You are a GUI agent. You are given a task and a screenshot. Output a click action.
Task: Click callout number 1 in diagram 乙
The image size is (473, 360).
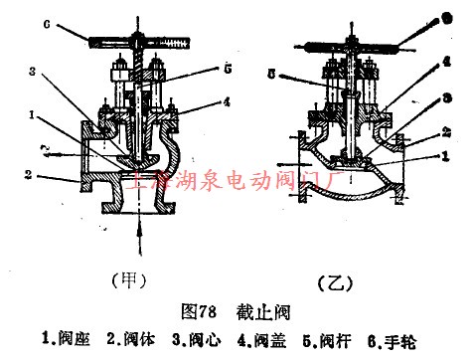[x=446, y=156]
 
